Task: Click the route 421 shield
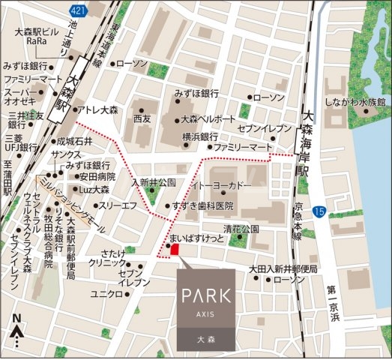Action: pos(76,10)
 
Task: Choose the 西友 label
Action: pos(142,119)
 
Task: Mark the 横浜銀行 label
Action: pos(200,136)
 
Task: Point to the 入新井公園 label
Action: pos(153,182)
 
